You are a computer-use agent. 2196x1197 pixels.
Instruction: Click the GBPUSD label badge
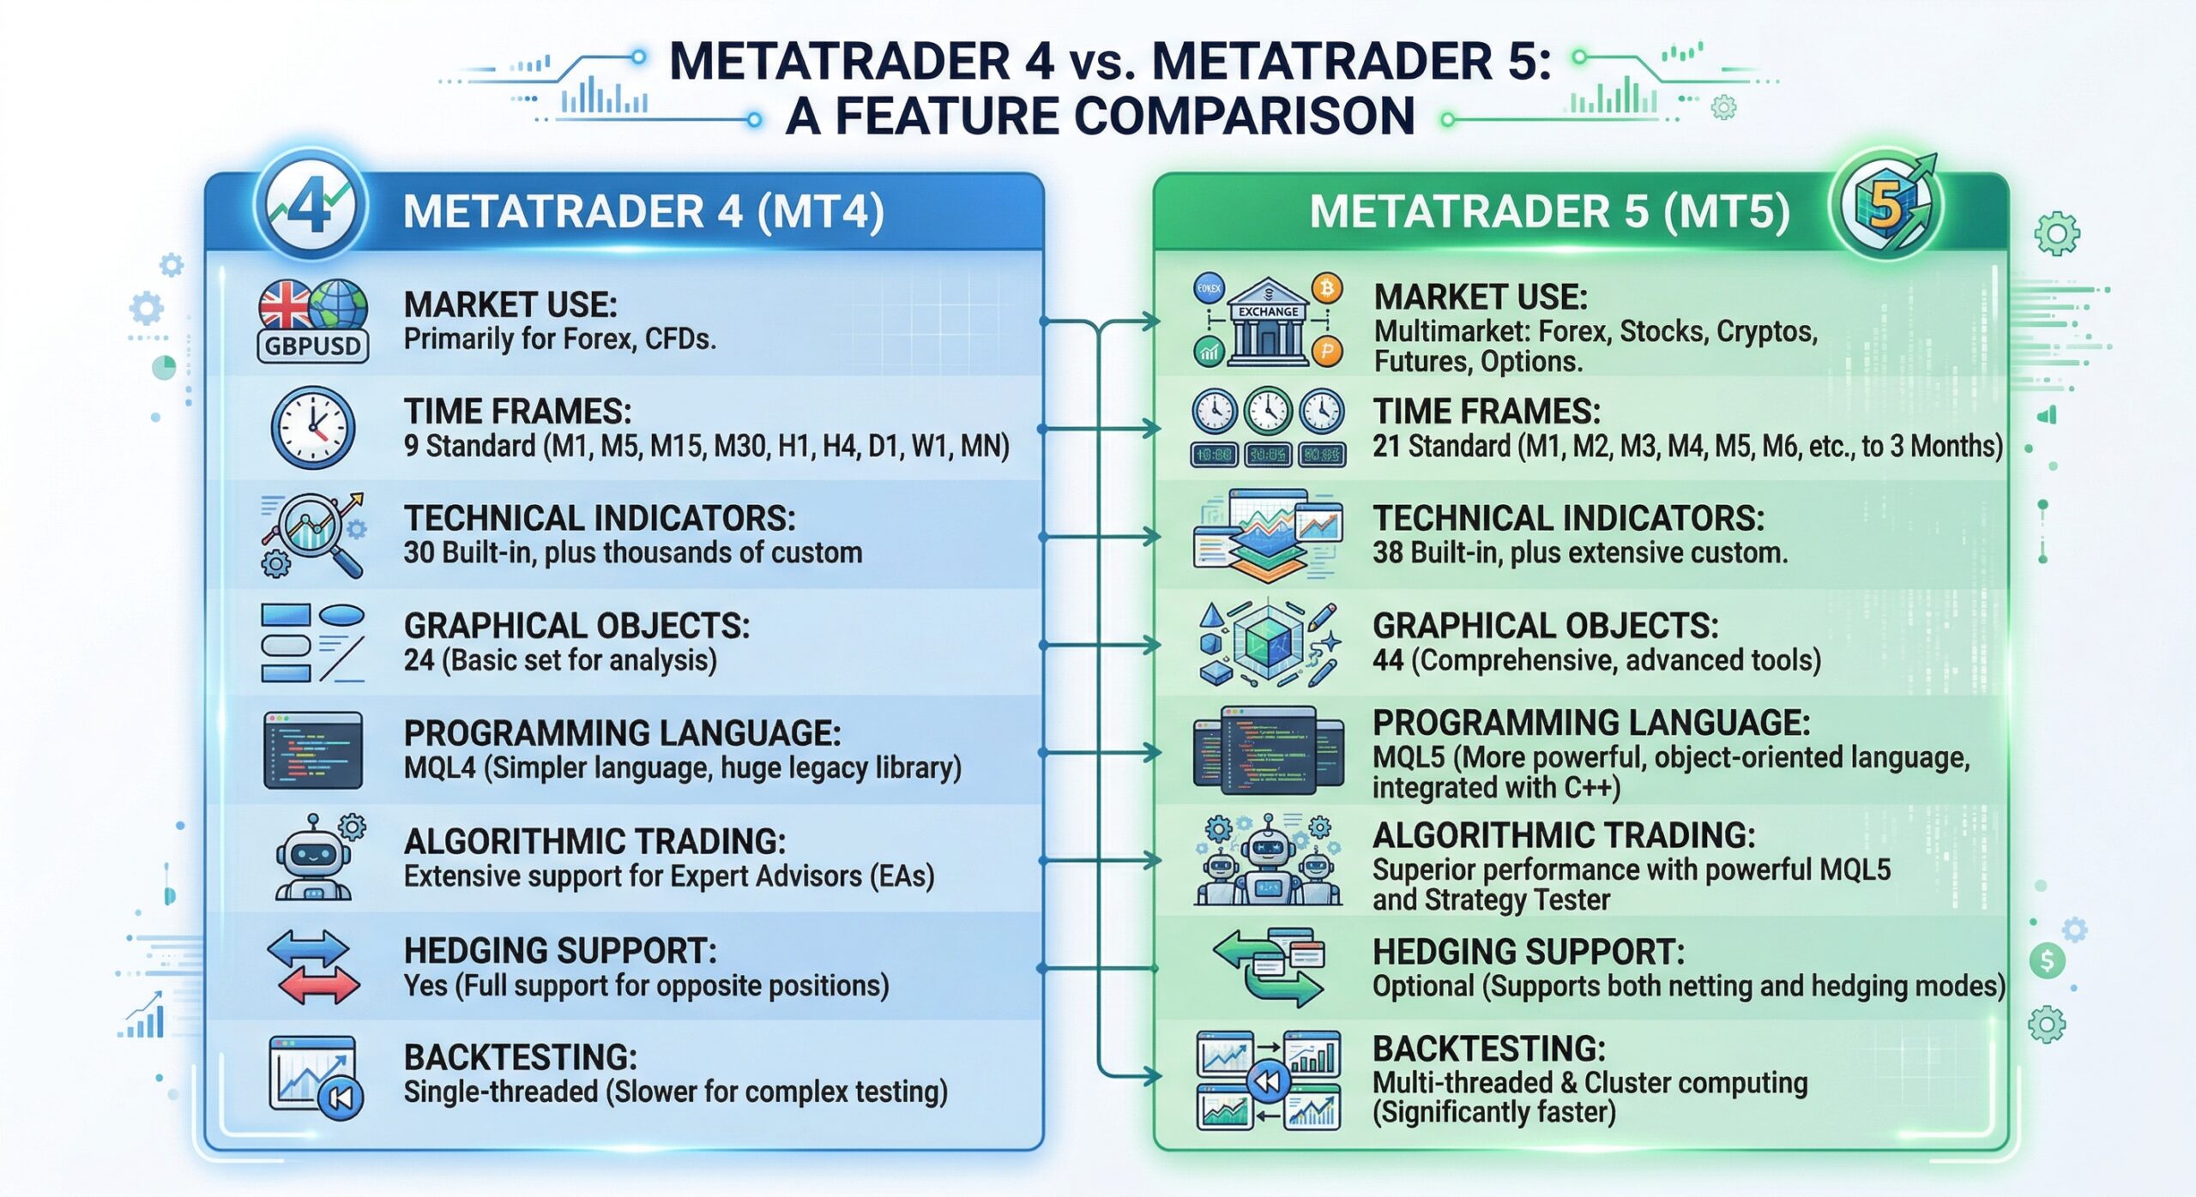click(313, 346)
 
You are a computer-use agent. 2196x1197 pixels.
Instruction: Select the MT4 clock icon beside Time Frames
click(313, 426)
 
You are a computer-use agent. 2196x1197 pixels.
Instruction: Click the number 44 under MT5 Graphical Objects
click(1388, 660)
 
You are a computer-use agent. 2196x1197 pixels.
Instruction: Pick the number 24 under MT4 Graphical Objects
click(419, 660)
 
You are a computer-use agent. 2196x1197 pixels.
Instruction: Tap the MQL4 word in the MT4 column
click(439, 767)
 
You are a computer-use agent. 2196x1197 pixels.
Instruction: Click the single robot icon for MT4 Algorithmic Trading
click(313, 860)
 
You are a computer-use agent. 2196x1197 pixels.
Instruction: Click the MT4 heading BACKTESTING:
click(520, 1057)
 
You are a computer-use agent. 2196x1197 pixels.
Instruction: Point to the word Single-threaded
click(501, 1092)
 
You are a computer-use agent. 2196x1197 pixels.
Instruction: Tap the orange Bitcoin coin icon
click(1327, 288)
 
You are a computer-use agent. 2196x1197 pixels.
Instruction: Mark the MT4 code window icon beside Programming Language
click(312, 750)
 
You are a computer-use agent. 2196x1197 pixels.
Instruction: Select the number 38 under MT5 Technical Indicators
click(1388, 553)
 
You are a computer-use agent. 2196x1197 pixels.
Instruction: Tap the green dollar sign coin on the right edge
click(2048, 960)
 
